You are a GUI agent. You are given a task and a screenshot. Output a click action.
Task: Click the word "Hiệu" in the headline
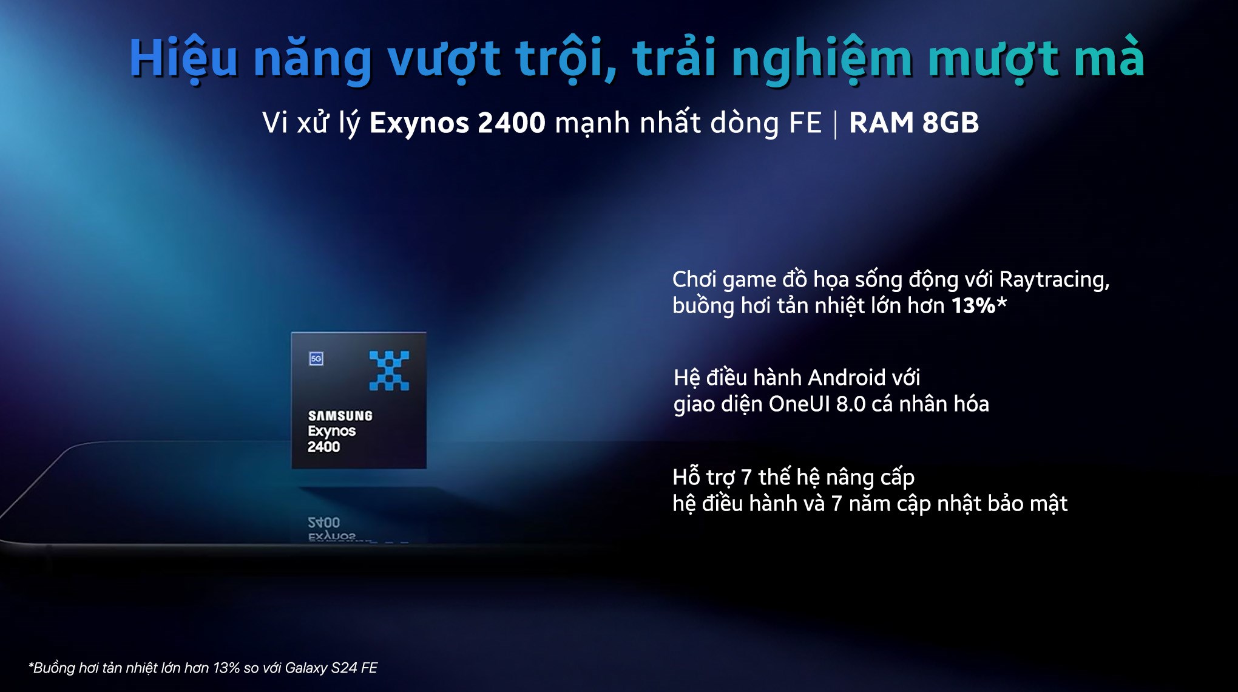[x=183, y=58]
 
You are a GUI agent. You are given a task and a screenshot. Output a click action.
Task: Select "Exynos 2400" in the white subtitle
[x=458, y=123]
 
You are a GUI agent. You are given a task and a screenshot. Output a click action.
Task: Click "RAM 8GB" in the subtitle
[x=914, y=123]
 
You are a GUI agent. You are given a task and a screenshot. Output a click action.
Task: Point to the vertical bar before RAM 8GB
[x=836, y=124]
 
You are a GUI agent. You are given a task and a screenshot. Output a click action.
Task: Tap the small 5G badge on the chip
[x=316, y=359]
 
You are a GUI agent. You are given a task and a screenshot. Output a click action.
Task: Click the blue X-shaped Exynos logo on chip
[x=389, y=370]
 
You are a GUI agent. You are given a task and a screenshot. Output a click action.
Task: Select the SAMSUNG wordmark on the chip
[x=340, y=416]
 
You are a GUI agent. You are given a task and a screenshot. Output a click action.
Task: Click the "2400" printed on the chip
[x=323, y=447]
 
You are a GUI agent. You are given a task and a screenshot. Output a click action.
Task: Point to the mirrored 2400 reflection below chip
[x=323, y=522]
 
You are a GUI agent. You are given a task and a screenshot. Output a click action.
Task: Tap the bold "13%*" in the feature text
[x=979, y=305]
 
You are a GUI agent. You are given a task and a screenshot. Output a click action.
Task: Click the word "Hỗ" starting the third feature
[x=686, y=477]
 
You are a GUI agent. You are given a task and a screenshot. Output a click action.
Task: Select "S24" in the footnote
[x=344, y=668]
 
